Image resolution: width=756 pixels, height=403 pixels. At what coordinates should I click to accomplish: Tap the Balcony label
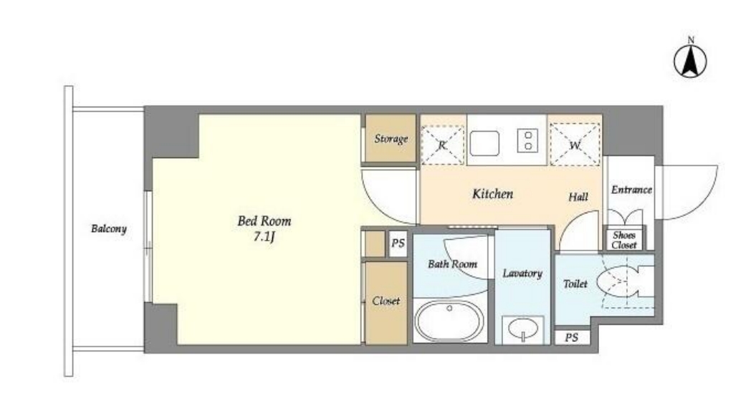pyautogui.click(x=108, y=228)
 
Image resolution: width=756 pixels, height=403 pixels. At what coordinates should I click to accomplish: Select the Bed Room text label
pyautogui.click(x=264, y=221)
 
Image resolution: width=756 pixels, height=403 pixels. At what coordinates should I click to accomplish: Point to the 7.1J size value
pyautogui.click(x=264, y=237)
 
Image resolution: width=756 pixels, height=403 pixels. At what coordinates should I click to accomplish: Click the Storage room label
pyautogui.click(x=391, y=139)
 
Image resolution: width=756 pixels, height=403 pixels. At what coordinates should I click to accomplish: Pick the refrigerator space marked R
pyautogui.click(x=443, y=145)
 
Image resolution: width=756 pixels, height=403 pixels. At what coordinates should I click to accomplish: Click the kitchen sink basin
pyautogui.click(x=484, y=143)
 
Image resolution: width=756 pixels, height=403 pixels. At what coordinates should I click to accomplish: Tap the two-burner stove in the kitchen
pyautogui.click(x=527, y=140)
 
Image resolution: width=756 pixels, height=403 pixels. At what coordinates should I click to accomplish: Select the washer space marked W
pyautogui.click(x=575, y=144)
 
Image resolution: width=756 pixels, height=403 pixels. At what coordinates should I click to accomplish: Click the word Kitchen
pyautogui.click(x=492, y=194)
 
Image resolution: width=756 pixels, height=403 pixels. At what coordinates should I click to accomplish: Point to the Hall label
pyautogui.click(x=578, y=196)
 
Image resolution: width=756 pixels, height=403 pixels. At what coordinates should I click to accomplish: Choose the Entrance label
pyautogui.click(x=631, y=190)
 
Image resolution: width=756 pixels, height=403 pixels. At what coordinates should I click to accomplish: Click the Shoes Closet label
pyautogui.click(x=624, y=240)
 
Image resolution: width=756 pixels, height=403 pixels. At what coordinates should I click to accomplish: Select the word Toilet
pyautogui.click(x=575, y=284)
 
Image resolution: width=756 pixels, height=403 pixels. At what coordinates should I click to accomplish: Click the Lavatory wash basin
pyautogui.click(x=523, y=329)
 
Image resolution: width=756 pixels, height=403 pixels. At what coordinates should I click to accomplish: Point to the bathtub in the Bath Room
pyautogui.click(x=449, y=321)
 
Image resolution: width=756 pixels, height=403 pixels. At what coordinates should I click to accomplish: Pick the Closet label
pyautogui.click(x=386, y=301)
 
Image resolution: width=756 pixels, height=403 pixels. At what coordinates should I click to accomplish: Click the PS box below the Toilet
pyautogui.click(x=572, y=337)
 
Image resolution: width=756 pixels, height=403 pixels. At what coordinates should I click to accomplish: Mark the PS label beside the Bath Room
pyautogui.click(x=398, y=243)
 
